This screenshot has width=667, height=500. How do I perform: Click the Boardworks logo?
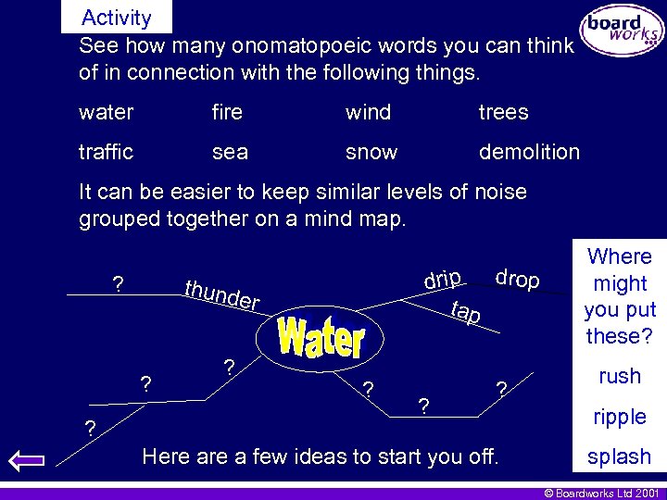pos(621,31)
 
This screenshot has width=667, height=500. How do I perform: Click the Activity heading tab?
pos(116,18)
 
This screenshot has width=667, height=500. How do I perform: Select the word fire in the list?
pos(227,113)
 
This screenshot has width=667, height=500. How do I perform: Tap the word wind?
pos(368,113)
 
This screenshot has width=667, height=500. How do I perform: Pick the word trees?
pos(503,113)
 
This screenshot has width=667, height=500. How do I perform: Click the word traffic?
pos(106,152)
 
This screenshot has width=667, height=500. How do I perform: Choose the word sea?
pos(230,152)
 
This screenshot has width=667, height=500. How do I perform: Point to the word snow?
pos(371,152)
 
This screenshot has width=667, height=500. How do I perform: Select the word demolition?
pos(529,152)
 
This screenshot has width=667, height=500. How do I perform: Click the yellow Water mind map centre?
pos(321,338)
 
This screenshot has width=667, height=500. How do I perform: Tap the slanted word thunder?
pos(221,294)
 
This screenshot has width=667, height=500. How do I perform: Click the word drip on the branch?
pos(443,278)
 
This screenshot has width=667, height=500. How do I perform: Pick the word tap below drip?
pos(465,313)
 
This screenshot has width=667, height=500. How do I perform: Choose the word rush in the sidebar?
pos(620,376)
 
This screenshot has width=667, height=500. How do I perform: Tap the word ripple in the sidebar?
pos(620,417)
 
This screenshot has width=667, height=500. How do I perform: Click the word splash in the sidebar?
pos(619,456)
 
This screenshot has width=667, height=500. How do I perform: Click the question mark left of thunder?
pos(118,284)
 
